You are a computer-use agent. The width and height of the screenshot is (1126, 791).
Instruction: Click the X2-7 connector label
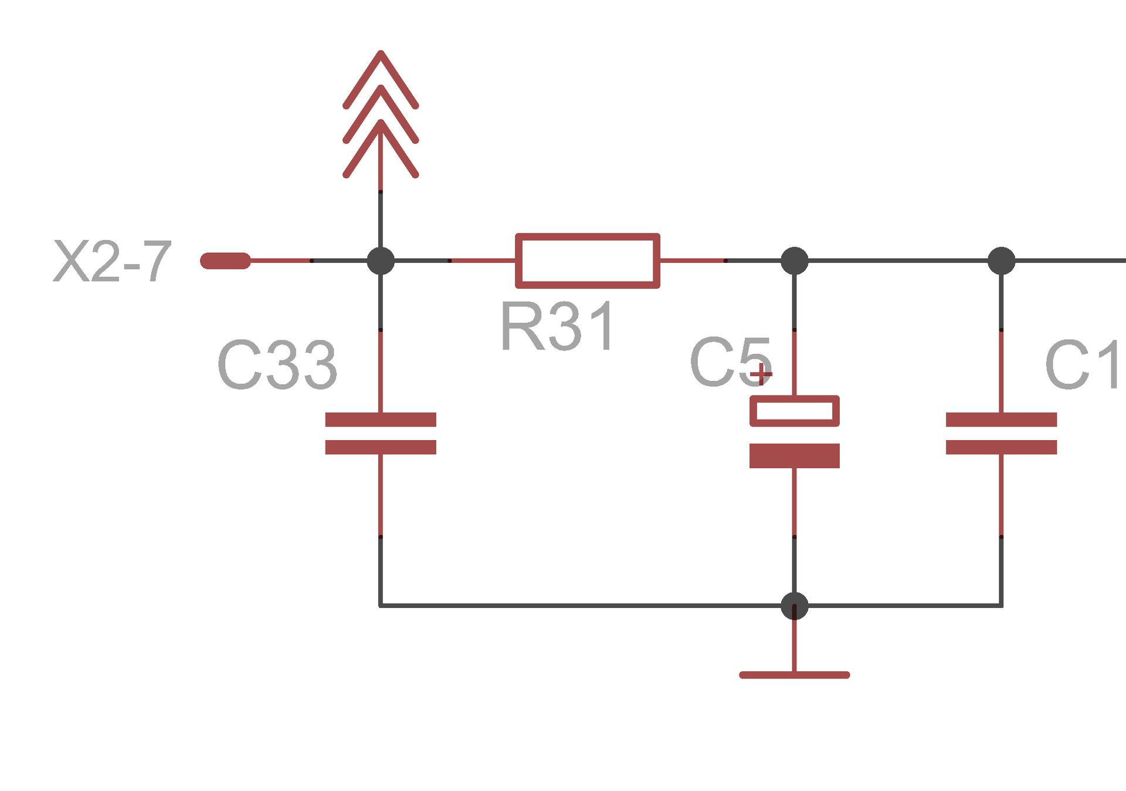pos(112,262)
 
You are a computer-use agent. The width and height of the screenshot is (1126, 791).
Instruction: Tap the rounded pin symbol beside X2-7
pos(225,261)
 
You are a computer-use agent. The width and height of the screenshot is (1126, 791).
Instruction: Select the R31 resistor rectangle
pos(587,261)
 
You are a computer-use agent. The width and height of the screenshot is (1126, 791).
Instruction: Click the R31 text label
pos(558,326)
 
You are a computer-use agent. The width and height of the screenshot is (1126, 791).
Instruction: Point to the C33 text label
pos(277,366)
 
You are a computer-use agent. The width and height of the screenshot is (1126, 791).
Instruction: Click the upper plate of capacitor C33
pos(381,420)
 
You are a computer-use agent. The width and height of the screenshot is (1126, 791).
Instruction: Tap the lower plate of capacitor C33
pos(381,447)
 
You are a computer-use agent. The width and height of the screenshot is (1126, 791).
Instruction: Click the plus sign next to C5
pos(761,374)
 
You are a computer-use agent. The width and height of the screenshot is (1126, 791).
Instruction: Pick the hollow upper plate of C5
pos(794,411)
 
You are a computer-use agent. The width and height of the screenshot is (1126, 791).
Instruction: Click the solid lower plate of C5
pos(794,456)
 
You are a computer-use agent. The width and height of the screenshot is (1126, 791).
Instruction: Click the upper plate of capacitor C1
pos(1001,420)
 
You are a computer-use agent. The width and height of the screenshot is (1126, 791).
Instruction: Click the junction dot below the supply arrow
pos(381,261)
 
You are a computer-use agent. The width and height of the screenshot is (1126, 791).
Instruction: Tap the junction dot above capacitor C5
pos(794,261)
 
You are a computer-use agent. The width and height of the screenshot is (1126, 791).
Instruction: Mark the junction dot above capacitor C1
pos(1001,261)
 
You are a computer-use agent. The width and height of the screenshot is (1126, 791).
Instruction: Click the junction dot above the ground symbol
pos(794,606)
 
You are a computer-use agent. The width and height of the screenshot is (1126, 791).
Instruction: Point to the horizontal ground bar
pos(794,675)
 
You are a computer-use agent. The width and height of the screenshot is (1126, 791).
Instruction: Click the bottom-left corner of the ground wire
pos(381,605)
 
